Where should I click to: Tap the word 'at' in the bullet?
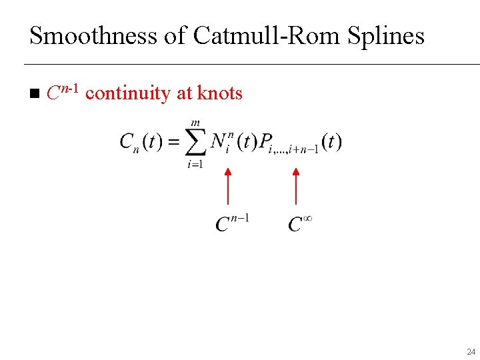click(185, 93)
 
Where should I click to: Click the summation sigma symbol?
click(194, 143)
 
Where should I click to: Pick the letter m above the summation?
click(195, 123)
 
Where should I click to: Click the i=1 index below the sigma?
click(195, 164)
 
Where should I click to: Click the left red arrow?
click(228, 186)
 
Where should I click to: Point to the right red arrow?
click(296, 186)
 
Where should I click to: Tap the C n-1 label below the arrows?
click(231, 223)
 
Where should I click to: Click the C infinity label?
click(300, 223)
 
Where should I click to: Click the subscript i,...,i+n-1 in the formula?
click(294, 150)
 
